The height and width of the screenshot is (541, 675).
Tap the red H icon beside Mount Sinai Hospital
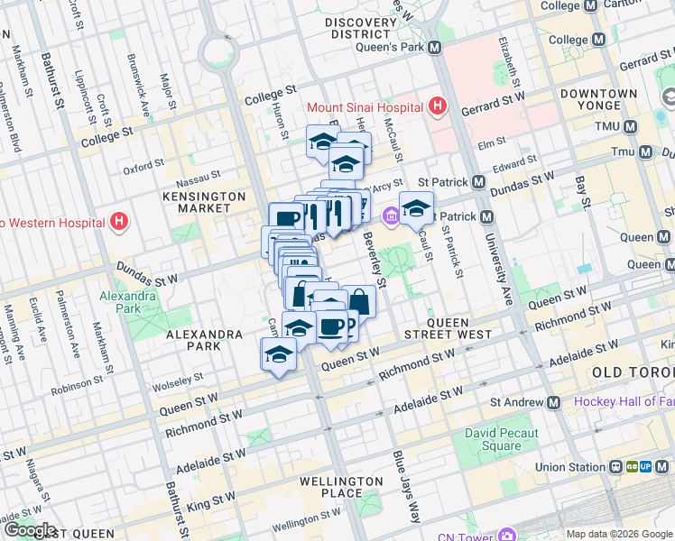point(438,107)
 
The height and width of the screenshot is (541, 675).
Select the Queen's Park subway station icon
point(435,47)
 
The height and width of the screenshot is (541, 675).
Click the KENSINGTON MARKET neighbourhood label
point(204,202)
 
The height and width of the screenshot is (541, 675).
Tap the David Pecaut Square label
point(494,440)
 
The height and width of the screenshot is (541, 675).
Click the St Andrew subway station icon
point(553,402)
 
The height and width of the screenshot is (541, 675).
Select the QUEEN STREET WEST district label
point(447,327)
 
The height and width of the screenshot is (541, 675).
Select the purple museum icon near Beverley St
point(391,215)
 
